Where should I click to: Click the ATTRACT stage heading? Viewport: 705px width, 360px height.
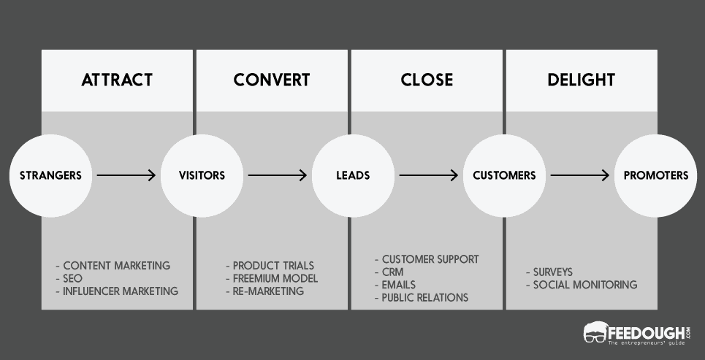[117, 80]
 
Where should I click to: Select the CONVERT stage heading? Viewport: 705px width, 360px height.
[272, 80]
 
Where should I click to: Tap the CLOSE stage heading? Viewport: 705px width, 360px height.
[427, 80]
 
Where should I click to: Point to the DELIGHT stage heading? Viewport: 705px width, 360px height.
[581, 80]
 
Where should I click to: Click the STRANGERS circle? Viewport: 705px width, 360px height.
[50, 175]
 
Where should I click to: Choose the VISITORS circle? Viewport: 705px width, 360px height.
[202, 175]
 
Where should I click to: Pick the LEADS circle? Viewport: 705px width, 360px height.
[353, 175]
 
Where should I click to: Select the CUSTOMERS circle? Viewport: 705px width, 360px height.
[504, 175]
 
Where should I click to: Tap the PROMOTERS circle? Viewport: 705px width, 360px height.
[655, 175]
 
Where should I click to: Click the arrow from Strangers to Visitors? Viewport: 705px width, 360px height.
[126, 175]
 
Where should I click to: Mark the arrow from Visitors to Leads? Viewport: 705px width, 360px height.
[277, 175]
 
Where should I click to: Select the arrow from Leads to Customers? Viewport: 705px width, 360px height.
[428, 175]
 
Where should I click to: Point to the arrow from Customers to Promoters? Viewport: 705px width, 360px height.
[579, 175]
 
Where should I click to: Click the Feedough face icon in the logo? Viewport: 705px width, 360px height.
[597, 332]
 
